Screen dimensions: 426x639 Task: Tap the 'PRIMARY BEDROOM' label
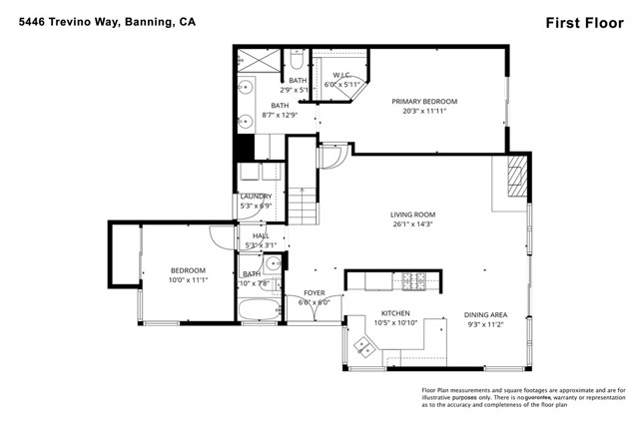[424, 101]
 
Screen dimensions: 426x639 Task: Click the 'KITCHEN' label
[368, 314]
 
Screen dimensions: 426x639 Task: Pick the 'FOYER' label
[314, 293]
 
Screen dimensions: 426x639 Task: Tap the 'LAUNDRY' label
[256, 197]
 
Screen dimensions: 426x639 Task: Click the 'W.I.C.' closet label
[341, 74]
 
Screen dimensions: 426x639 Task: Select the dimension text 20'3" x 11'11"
[424, 111]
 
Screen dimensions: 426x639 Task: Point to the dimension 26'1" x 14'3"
[412, 224]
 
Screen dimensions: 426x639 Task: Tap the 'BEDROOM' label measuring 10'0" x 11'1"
[187, 270]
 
